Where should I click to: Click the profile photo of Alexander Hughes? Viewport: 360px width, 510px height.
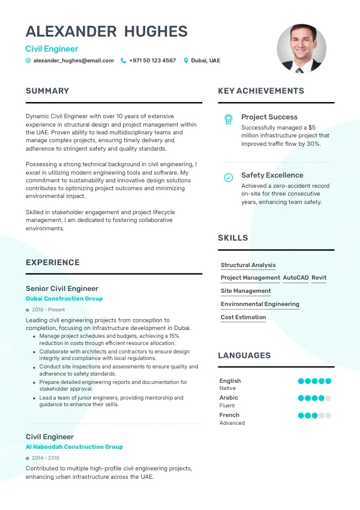click(301, 49)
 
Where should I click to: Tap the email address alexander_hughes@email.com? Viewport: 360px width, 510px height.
click(73, 61)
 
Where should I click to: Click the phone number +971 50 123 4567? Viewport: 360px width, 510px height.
click(152, 61)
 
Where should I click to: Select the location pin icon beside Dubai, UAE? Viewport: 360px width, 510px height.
click(186, 61)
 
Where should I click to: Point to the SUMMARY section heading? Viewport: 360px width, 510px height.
click(47, 91)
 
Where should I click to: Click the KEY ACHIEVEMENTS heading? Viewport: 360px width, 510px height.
click(261, 91)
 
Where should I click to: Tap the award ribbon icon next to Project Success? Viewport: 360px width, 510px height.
click(228, 119)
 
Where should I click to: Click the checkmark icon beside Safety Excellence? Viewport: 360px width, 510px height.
click(228, 178)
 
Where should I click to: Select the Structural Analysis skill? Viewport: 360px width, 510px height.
click(248, 265)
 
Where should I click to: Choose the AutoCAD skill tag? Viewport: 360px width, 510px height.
click(295, 278)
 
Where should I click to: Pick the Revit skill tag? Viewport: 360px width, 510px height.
click(319, 278)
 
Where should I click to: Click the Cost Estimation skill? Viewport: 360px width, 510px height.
click(243, 317)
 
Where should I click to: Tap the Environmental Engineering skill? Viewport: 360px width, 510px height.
click(260, 304)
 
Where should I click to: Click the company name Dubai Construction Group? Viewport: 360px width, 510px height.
click(64, 299)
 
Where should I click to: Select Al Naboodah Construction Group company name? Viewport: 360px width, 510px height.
click(74, 447)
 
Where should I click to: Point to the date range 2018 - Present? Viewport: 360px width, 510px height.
click(48, 310)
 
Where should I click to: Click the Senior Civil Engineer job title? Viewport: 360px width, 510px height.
click(62, 289)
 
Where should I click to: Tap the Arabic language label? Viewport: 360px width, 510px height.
click(229, 398)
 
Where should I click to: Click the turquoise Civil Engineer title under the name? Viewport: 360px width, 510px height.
click(52, 49)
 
